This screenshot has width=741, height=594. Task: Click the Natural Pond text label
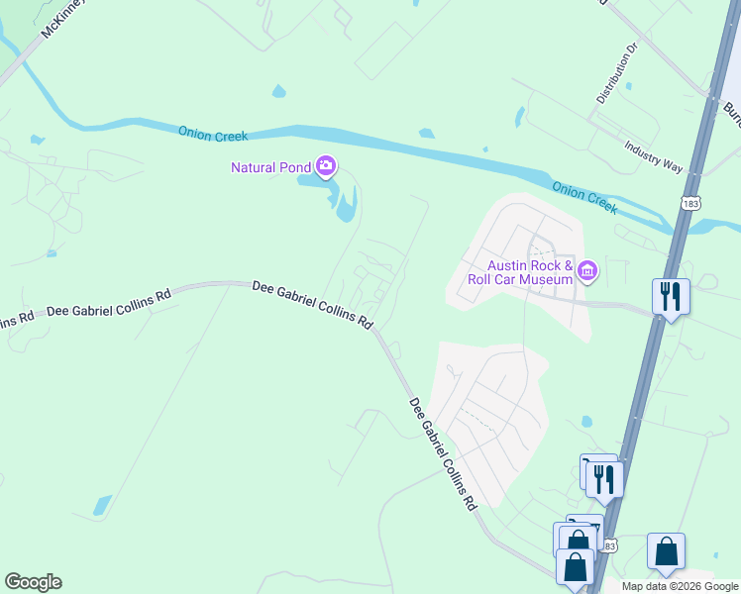pyautogui.click(x=270, y=167)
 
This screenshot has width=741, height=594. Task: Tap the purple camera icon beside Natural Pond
pyautogui.click(x=326, y=166)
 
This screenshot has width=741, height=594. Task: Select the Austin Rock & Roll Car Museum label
pyautogui.click(x=530, y=271)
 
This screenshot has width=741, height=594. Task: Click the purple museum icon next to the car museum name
pyautogui.click(x=587, y=269)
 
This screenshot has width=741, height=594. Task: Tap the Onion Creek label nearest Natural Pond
pyautogui.click(x=213, y=134)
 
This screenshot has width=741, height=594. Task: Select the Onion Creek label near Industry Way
pyautogui.click(x=584, y=196)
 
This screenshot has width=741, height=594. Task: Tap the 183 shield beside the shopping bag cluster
pyautogui.click(x=609, y=545)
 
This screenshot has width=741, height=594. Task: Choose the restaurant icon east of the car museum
pyautogui.click(x=671, y=296)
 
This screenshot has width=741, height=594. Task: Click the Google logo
pyautogui.click(x=33, y=582)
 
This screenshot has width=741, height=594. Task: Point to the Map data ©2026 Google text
pyautogui.click(x=680, y=586)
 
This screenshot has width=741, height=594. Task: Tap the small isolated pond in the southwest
pyautogui.click(x=103, y=505)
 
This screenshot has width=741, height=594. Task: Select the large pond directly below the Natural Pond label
pyautogui.click(x=345, y=204)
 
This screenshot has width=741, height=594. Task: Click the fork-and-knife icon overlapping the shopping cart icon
pyautogui.click(x=604, y=480)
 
